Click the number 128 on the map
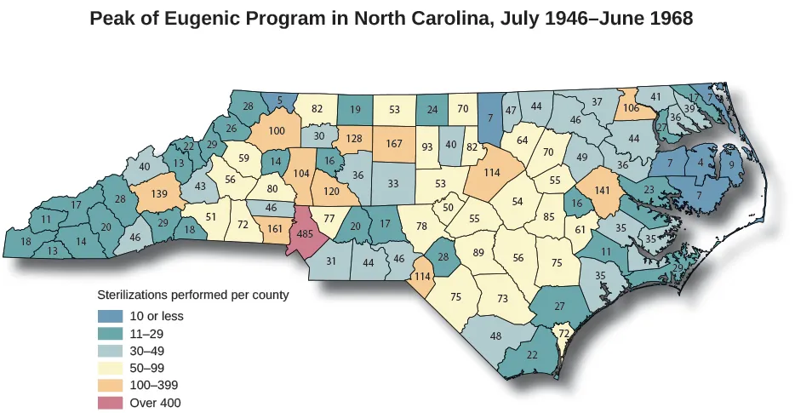tap(356, 139)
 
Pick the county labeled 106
tap(631, 108)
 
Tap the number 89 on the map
tap(478, 252)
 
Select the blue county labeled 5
tap(279, 100)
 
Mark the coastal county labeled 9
tap(730, 164)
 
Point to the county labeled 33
tap(392, 183)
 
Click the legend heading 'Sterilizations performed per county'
tap(193, 295)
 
